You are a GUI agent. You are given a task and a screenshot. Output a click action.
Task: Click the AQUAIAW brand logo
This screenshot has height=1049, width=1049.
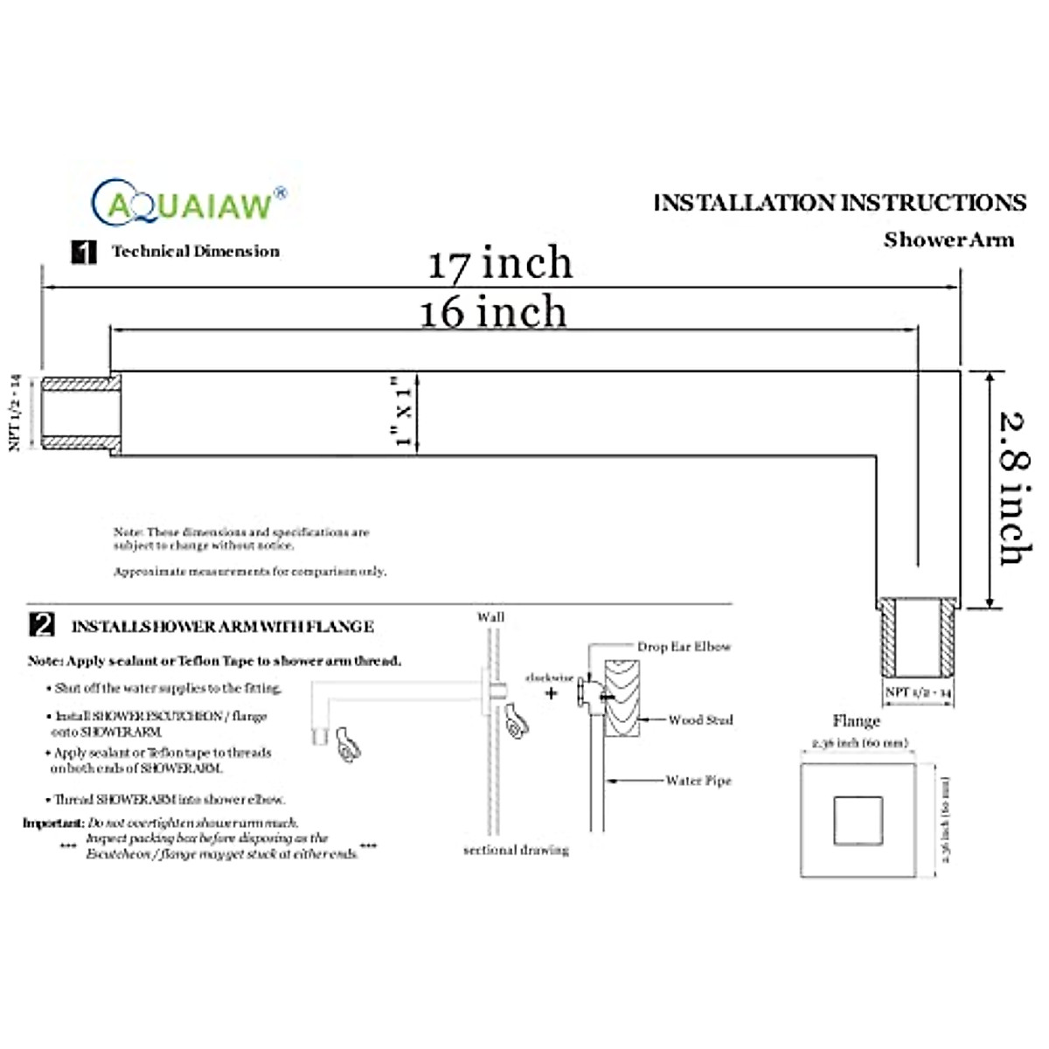tap(188, 204)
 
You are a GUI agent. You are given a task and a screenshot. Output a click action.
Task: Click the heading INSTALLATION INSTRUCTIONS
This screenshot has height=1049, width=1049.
tap(839, 203)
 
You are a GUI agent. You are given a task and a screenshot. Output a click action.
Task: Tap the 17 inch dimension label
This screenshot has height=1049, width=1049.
tap(500, 263)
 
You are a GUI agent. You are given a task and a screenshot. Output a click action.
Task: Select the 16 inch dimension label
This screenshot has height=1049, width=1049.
tap(493, 313)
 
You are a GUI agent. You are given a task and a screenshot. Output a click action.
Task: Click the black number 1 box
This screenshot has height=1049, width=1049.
tap(83, 253)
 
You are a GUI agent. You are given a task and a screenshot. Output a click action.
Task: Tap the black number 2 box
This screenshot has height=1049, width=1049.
tap(42, 625)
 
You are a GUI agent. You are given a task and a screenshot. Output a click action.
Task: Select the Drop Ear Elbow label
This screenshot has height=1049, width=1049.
tap(684, 647)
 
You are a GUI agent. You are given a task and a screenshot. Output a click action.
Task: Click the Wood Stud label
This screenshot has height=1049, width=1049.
tap(700, 720)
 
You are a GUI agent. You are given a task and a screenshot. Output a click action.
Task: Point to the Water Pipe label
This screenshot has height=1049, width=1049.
tap(698, 781)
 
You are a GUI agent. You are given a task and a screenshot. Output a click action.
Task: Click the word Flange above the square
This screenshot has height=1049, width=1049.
tap(856, 721)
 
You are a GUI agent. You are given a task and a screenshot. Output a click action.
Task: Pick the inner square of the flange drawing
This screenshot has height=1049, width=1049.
tap(858, 821)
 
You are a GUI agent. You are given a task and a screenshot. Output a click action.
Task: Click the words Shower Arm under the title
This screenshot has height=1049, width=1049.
tap(948, 240)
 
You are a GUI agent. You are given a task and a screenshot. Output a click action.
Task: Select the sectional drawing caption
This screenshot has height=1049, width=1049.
tap(516, 850)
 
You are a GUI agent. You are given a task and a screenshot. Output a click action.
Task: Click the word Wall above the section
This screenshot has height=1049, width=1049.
tap(490, 617)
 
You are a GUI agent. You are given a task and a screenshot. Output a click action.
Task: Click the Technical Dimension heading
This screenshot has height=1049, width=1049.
tap(195, 252)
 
